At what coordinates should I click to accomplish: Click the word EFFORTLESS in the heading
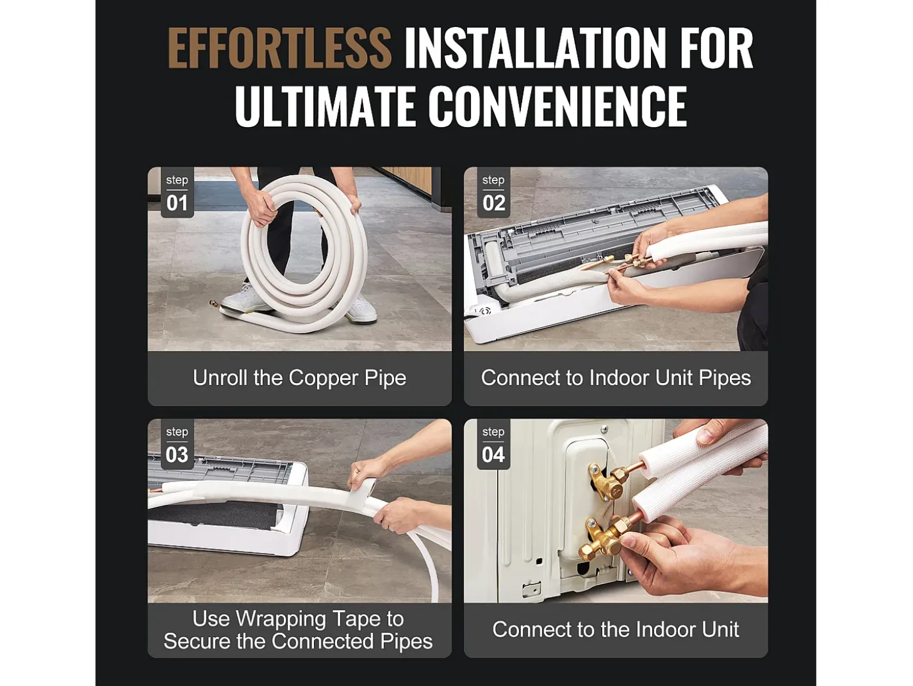point(279,48)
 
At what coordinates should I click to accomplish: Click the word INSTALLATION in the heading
point(533,48)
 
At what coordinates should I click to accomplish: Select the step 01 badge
point(177,192)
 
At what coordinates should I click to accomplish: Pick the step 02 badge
point(493,192)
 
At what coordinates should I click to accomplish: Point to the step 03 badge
point(177,444)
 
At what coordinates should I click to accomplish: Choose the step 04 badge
point(493,444)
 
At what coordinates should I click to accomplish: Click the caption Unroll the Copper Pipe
point(300,378)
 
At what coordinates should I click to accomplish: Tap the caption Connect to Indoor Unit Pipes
point(616,378)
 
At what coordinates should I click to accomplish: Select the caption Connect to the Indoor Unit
point(615,630)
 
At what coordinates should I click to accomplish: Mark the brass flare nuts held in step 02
point(637,262)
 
